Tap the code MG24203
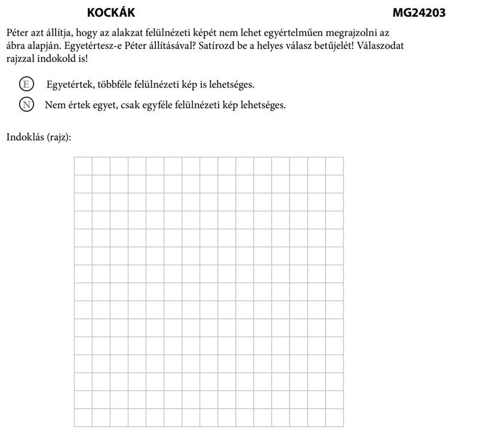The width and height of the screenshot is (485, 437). (x=419, y=13)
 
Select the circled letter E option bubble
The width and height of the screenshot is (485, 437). (x=25, y=84)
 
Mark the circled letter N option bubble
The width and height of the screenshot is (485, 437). (x=25, y=104)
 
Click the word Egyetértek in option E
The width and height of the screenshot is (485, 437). (x=67, y=84)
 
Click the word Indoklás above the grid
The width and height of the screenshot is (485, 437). (x=24, y=137)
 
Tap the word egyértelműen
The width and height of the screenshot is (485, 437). (x=291, y=31)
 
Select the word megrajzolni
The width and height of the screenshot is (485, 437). (x=354, y=31)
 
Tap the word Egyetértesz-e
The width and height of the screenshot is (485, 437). (x=72, y=45)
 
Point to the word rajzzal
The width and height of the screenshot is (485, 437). (x=22, y=60)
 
